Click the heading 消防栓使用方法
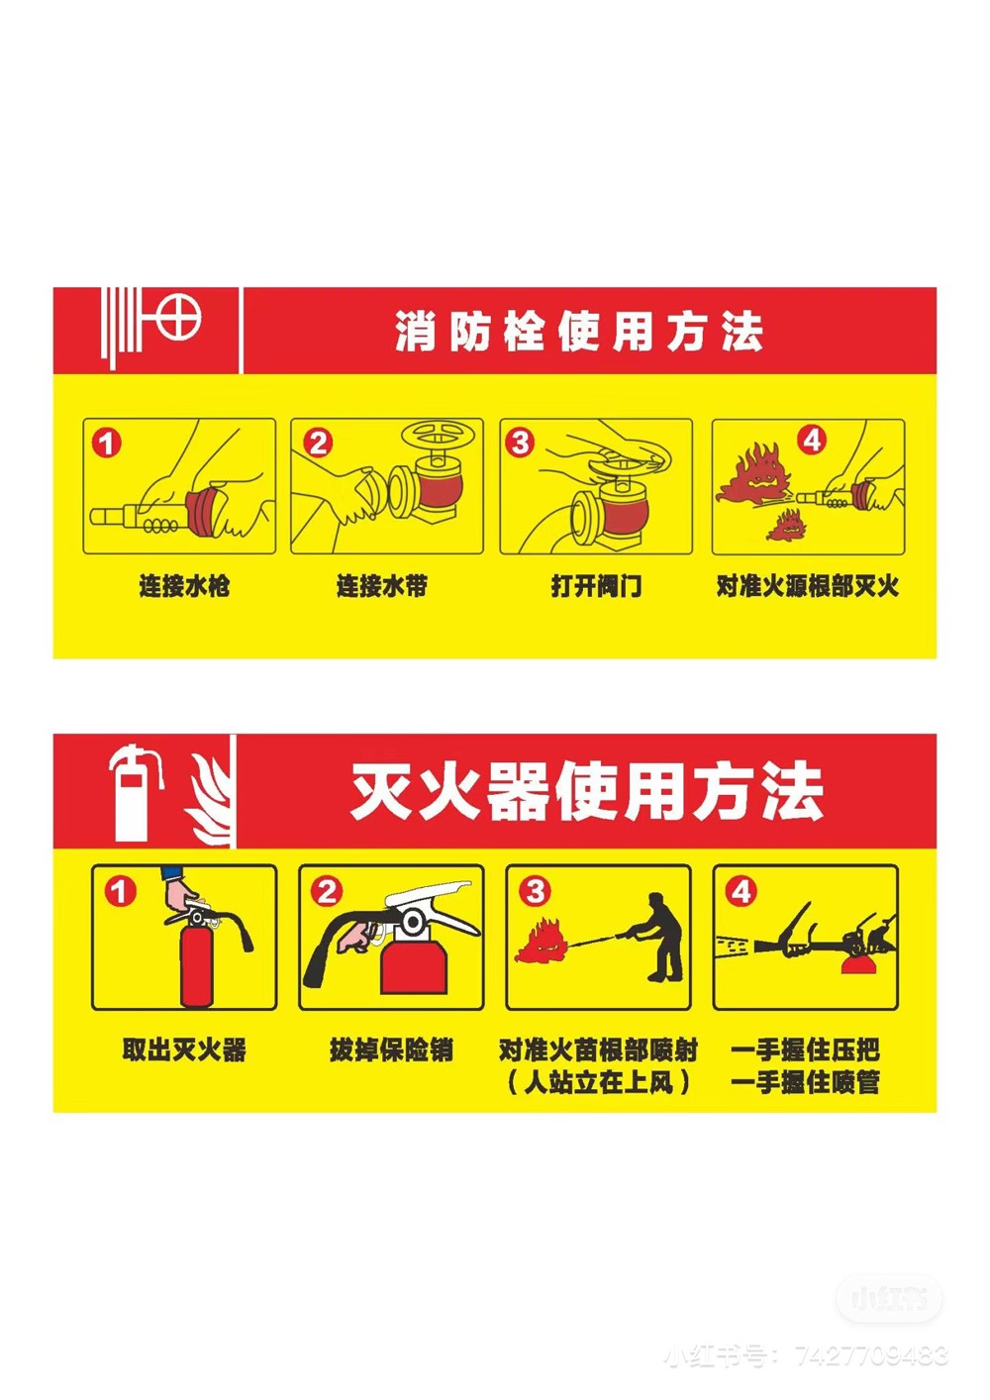pyautogui.click(x=579, y=332)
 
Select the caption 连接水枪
pyautogui.click(x=184, y=586)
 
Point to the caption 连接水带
pyautogui.click(x=382, y=586)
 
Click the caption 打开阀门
pyautogui.click(x=596, y=586)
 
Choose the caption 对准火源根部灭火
pyautogui.click(x=808, y=586)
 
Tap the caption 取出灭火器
pyautogui.click(x=184, y=1050)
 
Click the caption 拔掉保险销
pyautogui.click(x=391, y=1050)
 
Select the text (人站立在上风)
pyautogui.click(x=599, y=1082)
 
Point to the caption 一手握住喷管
pyautogui.click(x=805, y=1082)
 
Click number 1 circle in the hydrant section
pyautogui.click(x=106, y=444)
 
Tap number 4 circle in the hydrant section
pyautogui.click(x=811, y=441)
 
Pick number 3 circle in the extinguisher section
pyautogui.click(x=535, y=892)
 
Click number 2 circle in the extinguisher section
pyautogui.click(x=327, y=892)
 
